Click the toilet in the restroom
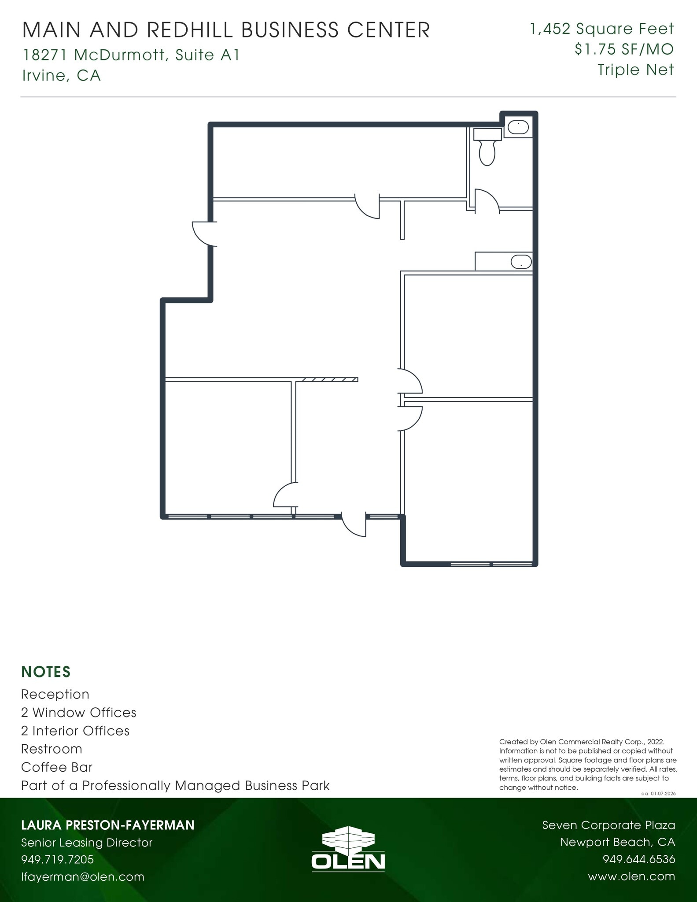pos(487,148)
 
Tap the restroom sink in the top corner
pos(518,128)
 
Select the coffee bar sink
pos(521,262)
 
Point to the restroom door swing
pos(488,201)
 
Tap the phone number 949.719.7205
pos(58,859)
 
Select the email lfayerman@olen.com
pos(83,876)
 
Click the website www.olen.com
pos(631,876)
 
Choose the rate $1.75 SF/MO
pos(624,49)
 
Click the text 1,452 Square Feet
pos(602,29)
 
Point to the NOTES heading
pos(46,672)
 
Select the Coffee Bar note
pos(57,767)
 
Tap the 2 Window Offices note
pos(79,712)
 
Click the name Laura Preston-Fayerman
pos(108,825)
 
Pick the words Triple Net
pos(635,70)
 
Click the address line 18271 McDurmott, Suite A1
pos(131,55)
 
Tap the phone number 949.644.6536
pos(638,859)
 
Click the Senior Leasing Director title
pos(87,843)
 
